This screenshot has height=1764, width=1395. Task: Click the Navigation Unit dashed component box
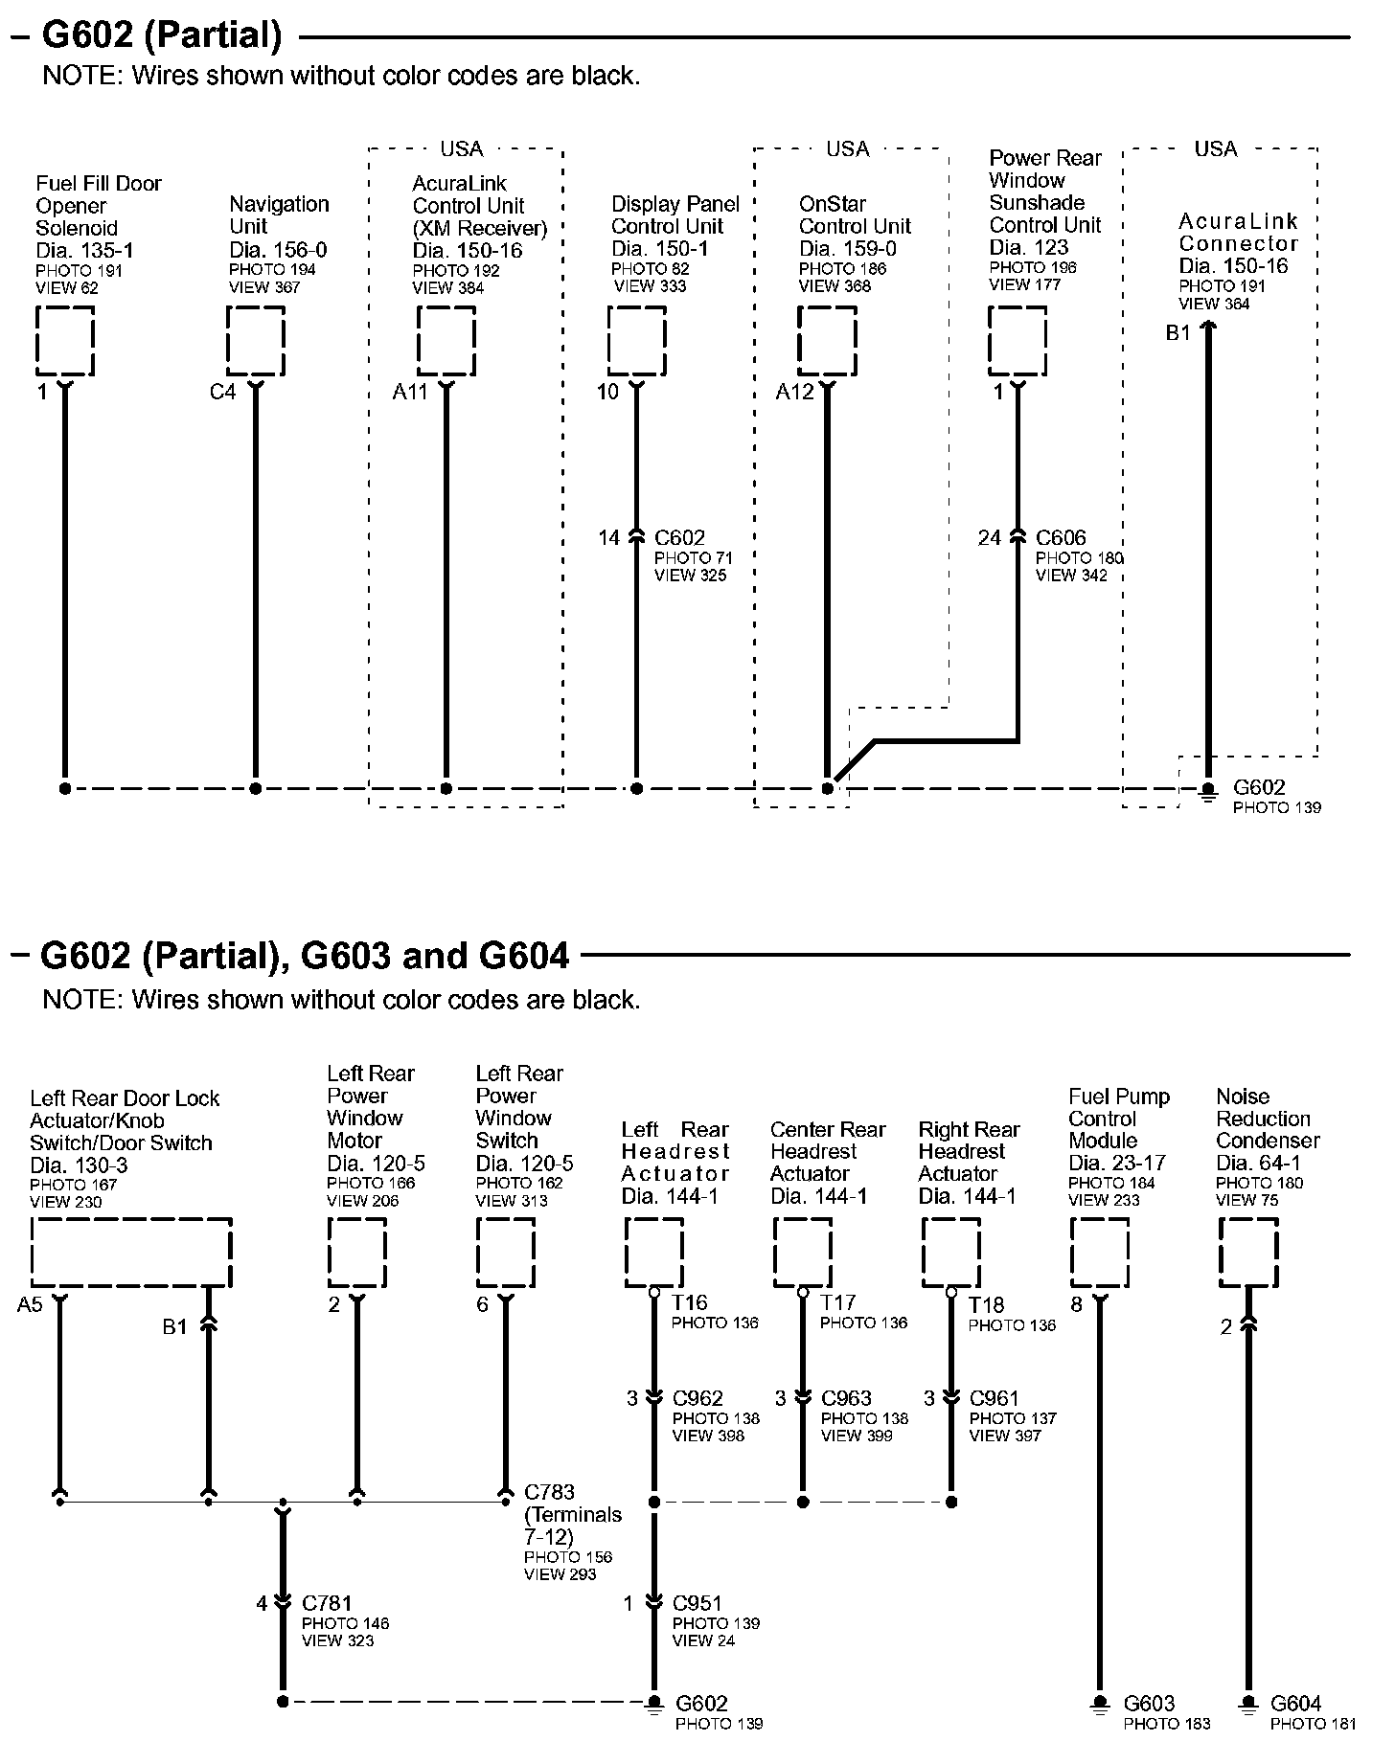256,341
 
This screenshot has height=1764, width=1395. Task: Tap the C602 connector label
679,538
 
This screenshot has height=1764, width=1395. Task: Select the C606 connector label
1061,538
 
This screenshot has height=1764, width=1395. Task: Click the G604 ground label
1296,1703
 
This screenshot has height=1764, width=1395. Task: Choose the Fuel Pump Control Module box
1100,1253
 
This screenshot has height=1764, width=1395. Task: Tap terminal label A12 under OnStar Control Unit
794,393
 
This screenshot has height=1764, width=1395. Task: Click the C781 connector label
327,1603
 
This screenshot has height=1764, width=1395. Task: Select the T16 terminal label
690,1302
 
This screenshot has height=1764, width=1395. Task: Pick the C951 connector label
697,1603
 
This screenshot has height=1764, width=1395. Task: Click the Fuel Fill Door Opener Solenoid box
65,341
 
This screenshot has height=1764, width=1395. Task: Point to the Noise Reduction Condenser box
1248,1253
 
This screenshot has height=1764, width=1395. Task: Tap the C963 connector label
846,1398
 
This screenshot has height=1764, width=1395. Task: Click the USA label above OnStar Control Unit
848,149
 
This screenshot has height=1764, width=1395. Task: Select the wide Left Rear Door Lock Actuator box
132,1253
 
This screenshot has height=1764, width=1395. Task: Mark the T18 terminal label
987,1304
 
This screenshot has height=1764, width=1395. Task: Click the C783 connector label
550,1492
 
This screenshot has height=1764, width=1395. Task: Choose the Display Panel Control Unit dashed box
637,341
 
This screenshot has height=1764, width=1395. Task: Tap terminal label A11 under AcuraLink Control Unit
410,393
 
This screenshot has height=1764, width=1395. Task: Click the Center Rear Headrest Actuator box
803,1253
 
